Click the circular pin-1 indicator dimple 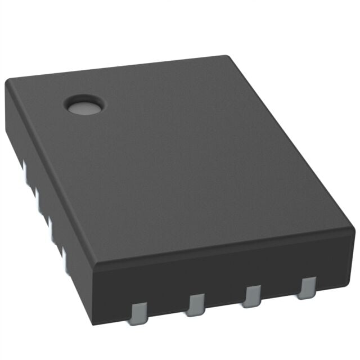tap(84, 104)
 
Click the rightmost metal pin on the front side tap(307, 287)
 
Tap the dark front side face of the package tap(225, 276)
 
